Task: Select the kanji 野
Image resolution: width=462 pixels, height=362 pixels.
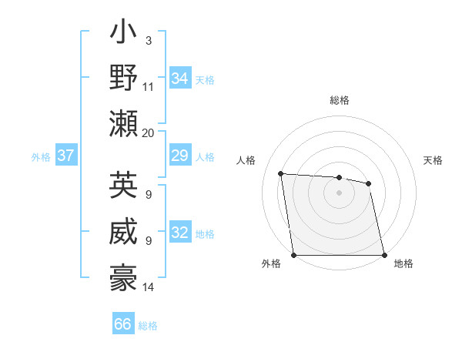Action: (123, 80)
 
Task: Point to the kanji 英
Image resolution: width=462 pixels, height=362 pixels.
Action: (123, 186)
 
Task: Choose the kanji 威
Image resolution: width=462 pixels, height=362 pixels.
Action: (123, 232)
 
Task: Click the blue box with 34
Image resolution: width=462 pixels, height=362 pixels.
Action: (180, 78)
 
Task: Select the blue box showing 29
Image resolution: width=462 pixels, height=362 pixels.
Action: (180, 156)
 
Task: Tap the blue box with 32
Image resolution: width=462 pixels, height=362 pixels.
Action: (180, 233)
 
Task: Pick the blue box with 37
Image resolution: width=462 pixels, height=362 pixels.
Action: (65, 156)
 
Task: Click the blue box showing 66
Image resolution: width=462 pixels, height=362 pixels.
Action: (123, 324)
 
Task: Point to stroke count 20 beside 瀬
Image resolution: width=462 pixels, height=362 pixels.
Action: (149, 132)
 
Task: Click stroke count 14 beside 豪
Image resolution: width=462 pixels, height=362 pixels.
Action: (149, 287)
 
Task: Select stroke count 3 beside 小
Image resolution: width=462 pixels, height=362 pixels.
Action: (148, 39)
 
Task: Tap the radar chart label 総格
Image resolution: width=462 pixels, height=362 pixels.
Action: (340, 100)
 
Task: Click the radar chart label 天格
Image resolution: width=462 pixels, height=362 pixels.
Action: (434, 160)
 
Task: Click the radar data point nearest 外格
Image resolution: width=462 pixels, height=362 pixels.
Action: (294, 255)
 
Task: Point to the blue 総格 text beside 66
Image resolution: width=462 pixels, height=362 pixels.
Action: (148, 326)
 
